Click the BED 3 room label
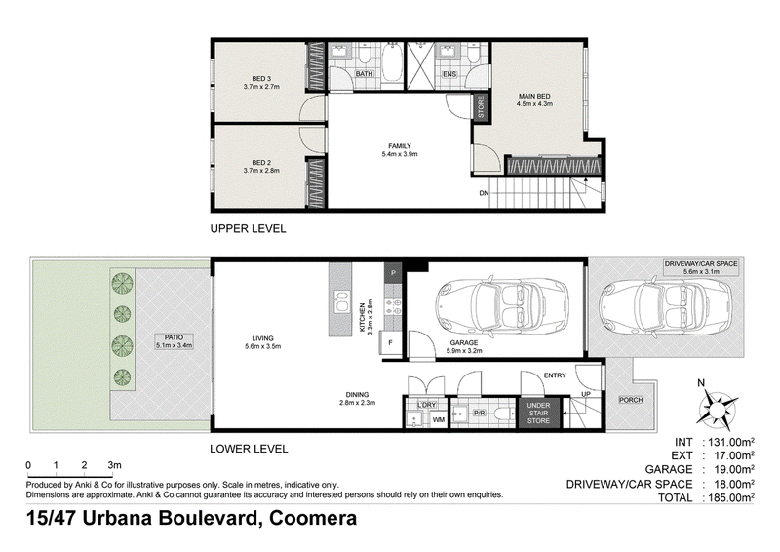point(261,79)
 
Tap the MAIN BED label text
point(534,97)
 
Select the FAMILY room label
point(400,146)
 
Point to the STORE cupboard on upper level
point(481,106)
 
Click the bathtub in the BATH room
point(393,65)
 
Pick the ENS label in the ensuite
point(449,74)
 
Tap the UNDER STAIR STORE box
point(538,413)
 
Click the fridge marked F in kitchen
point(391,343)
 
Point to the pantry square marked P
point(393,273)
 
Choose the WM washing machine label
point(438,420)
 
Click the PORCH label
point(631,400)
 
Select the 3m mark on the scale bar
point(114,465)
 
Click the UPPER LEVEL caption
point(249,229)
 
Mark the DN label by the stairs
point(484,193)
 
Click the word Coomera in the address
point(313,518)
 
